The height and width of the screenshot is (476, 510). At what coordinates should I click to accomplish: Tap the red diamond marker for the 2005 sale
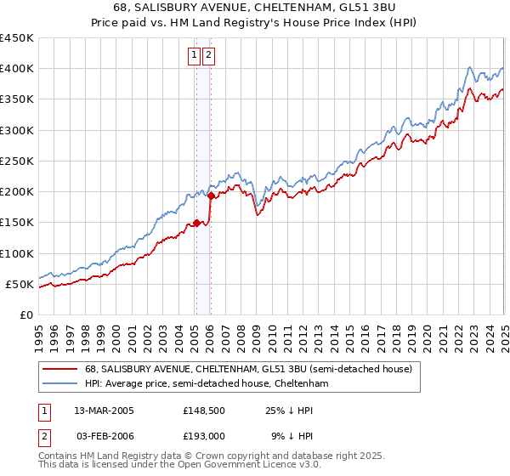point(196,224)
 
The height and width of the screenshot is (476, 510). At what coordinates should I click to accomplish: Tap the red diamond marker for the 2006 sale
point(210,196)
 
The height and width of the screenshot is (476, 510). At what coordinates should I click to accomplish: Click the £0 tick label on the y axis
point(25,314)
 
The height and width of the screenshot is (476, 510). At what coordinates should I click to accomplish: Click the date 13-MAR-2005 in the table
point(104,411)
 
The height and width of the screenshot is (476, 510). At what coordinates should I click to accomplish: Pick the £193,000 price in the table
point(203,435)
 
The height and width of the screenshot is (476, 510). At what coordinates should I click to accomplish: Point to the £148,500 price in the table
point(203,411)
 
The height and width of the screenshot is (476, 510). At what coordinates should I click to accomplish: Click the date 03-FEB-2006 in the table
point(104,435)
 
